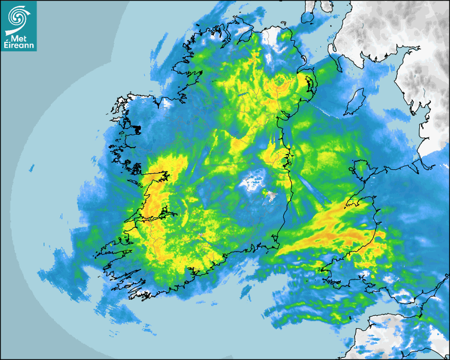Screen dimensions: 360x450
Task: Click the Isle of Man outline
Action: [354, 102]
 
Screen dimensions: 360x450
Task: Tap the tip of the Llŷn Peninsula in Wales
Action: [347, 204]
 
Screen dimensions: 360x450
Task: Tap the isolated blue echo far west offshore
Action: [32, 168]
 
